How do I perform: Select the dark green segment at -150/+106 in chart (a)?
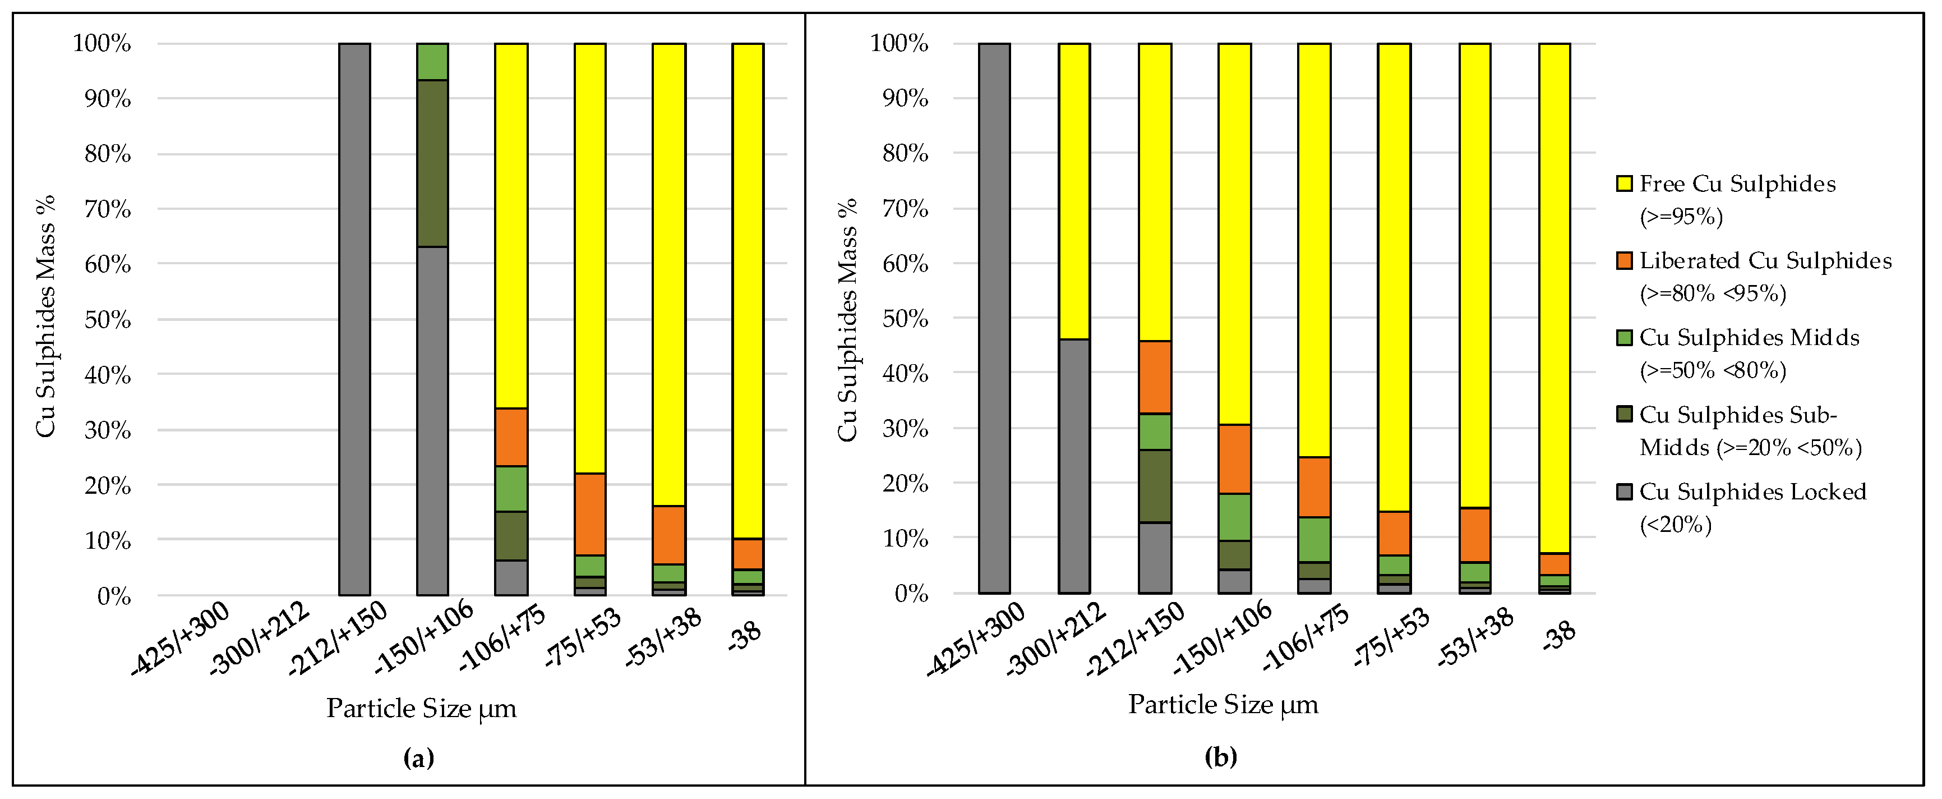(x=433, y=163)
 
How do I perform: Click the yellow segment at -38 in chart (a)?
(x=748, y=291)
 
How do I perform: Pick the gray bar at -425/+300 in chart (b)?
(x=994, y=318)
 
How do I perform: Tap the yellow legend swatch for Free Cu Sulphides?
(x=1625, y=184)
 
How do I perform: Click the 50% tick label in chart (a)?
(x=108, y=319)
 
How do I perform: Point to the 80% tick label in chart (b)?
(x=906, y=153)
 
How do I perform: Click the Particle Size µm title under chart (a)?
(x=421, y=709)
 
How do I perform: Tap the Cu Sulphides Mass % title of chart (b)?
(x=847, y=319)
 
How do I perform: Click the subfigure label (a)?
(x=419, y=757)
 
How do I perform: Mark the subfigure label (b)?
(x=1221, y=756)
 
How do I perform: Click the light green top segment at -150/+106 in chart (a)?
(x=433, y=61)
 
